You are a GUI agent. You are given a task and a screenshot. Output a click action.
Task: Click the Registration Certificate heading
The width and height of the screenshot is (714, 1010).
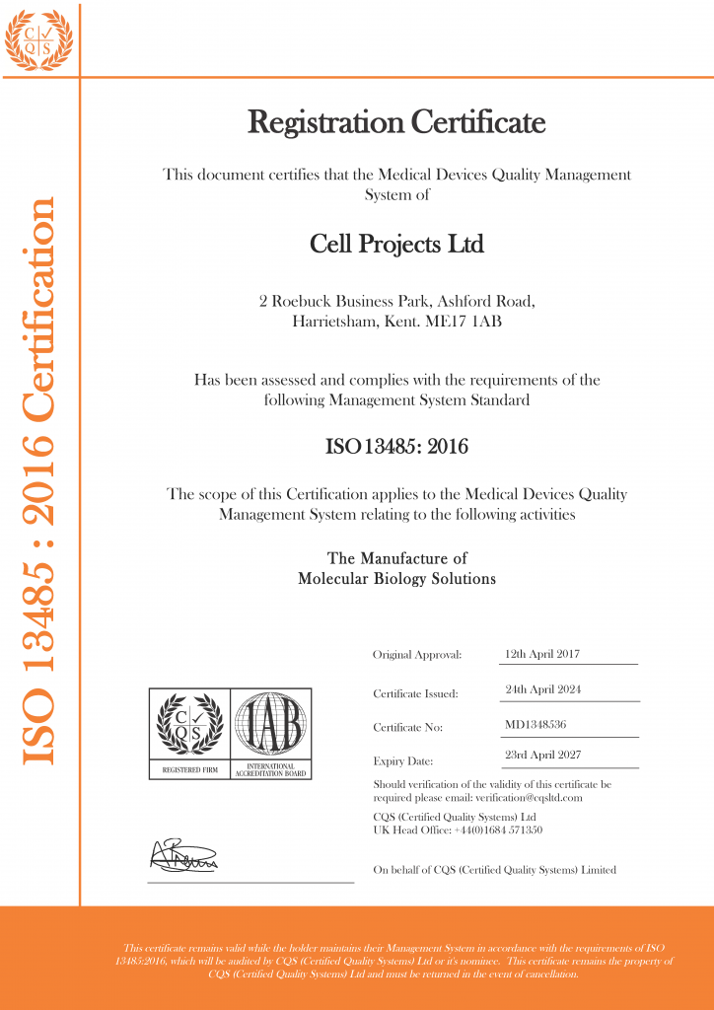coord(396,123)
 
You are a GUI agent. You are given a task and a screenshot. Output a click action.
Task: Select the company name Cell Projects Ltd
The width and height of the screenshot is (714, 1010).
coord(396,243)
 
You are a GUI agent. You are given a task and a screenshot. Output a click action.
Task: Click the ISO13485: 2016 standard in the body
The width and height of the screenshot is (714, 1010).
coord(396,447)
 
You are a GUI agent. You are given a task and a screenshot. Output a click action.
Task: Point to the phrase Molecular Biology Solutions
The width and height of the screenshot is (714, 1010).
coord(396,579)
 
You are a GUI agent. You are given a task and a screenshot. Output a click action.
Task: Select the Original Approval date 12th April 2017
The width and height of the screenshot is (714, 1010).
coord(541,653)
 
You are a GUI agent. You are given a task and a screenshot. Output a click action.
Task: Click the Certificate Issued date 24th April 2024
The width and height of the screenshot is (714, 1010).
coord(542,689)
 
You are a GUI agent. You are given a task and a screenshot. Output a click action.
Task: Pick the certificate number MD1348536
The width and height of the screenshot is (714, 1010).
coord(535,725)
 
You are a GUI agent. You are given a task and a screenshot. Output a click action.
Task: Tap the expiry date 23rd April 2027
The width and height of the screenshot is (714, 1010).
coord(542,756)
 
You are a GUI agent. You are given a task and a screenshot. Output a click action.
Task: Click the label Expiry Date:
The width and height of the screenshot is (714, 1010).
coord(403,761)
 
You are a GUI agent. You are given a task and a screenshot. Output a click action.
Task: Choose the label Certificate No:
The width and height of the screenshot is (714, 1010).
coord(407,728)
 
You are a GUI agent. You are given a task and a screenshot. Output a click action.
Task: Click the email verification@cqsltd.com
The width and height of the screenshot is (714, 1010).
coord(529,797)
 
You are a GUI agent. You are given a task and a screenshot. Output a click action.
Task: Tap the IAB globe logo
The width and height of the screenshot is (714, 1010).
coord(270,726)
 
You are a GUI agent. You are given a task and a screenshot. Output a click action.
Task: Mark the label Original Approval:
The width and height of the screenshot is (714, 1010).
coord(417,655)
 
